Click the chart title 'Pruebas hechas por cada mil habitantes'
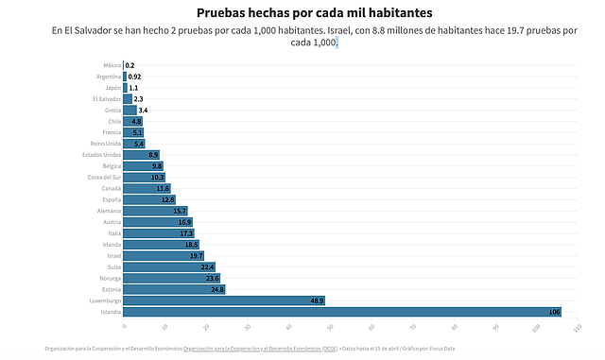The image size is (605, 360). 302,12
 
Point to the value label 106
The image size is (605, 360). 554,312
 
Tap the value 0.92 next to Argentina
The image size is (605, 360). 134,76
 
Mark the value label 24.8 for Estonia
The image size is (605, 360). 217,289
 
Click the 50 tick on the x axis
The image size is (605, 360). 330,328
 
